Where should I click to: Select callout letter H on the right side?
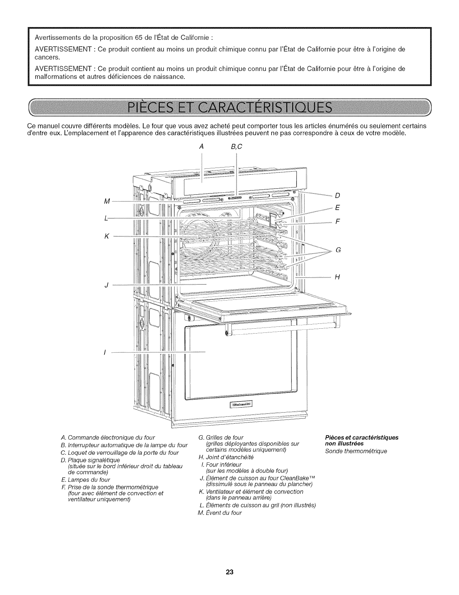(x=337, y=277)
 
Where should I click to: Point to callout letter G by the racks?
(x=338, y=250)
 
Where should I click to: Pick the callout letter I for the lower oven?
(x=105, y=352)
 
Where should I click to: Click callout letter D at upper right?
(x=337, y=196)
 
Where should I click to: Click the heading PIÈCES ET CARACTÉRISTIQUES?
(x=229, y=107)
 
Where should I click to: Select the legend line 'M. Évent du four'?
(x=220, y=513)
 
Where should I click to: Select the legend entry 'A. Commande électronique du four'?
(x=107, y=438)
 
